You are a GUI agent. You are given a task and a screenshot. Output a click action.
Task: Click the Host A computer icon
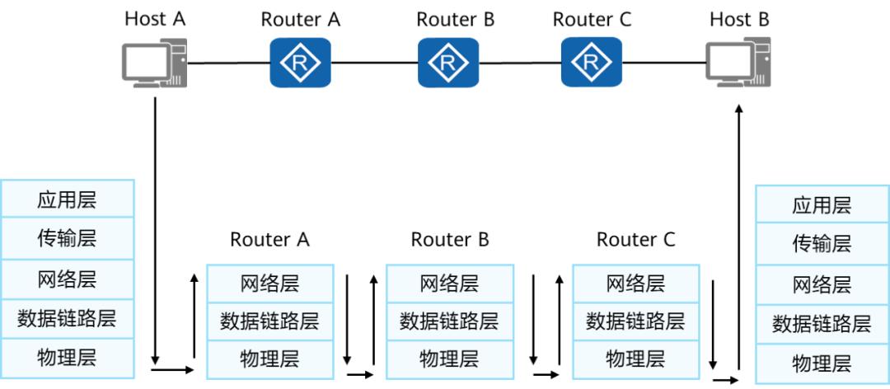click(154, 63)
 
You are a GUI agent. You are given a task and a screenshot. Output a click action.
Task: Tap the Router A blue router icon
click(300, 62)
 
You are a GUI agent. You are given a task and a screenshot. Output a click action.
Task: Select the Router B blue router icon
click(447, 62)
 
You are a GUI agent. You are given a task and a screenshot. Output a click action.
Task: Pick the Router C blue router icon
click(591, 62)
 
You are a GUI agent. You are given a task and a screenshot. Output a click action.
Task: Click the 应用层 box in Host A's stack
click(67, 199)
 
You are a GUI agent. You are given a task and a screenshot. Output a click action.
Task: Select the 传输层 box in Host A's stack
click(67, 239)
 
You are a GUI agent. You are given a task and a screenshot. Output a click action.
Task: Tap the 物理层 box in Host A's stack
click(67, 357)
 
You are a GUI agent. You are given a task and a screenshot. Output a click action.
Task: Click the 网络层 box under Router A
click(269, 284)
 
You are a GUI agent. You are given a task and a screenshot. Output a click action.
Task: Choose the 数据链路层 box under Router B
click(449, 321)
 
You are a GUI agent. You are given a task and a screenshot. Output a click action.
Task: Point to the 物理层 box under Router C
click(635, 359)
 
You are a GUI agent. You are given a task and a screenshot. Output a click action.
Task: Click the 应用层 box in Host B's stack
click(822, 205)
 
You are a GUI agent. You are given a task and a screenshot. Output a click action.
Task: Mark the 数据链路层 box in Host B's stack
click(822, 324)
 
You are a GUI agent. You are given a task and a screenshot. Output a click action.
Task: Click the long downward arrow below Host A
click(155, 231)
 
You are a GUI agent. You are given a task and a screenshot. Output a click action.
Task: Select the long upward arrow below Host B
click(739, 239)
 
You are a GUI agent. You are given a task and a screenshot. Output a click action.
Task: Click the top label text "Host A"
click(155, 18)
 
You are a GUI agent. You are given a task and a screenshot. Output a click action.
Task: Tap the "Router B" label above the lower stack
click(450, 240)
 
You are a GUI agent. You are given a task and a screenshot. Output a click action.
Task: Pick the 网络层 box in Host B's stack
click(822, 284)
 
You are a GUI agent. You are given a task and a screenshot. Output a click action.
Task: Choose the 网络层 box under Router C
click(635, 284)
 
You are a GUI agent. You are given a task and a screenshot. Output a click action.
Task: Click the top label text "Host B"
click(739, 18)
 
